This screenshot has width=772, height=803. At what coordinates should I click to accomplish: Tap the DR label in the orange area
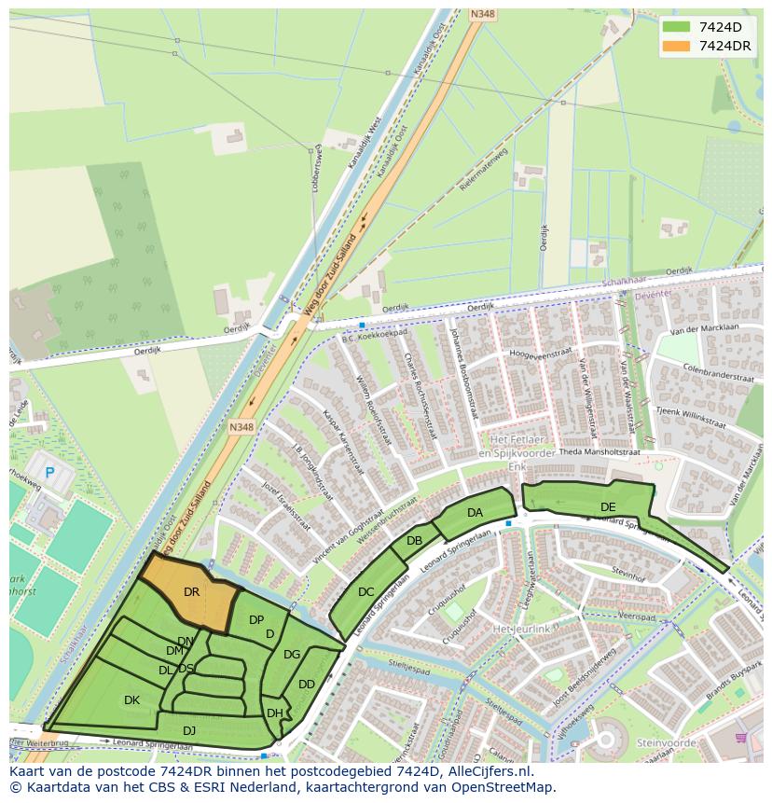191,591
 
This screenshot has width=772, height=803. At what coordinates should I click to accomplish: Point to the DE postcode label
608,506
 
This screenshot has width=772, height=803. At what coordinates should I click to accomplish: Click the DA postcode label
475,512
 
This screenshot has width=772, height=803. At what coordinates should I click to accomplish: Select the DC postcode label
365,592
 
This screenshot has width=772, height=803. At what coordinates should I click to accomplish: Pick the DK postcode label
131,699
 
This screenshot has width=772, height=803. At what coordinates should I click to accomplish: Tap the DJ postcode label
189,730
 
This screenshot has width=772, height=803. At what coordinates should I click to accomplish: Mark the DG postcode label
292,655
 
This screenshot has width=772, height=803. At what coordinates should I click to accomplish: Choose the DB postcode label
415,541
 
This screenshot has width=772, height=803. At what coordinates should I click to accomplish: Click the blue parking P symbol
49,474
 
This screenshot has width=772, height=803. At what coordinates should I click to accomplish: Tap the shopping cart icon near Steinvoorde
741,737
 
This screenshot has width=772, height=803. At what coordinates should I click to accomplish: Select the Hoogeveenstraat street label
540,354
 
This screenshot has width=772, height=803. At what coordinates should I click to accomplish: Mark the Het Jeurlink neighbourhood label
523,630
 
